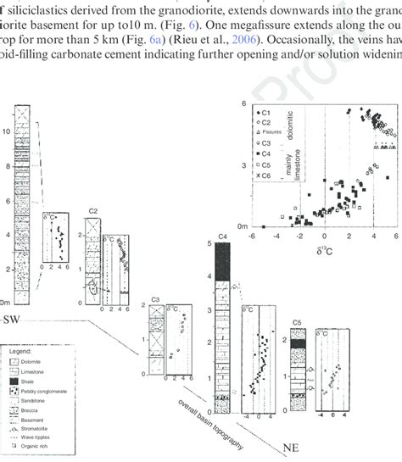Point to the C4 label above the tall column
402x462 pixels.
coord(223,236)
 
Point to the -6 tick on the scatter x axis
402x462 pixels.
coord(252,236)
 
